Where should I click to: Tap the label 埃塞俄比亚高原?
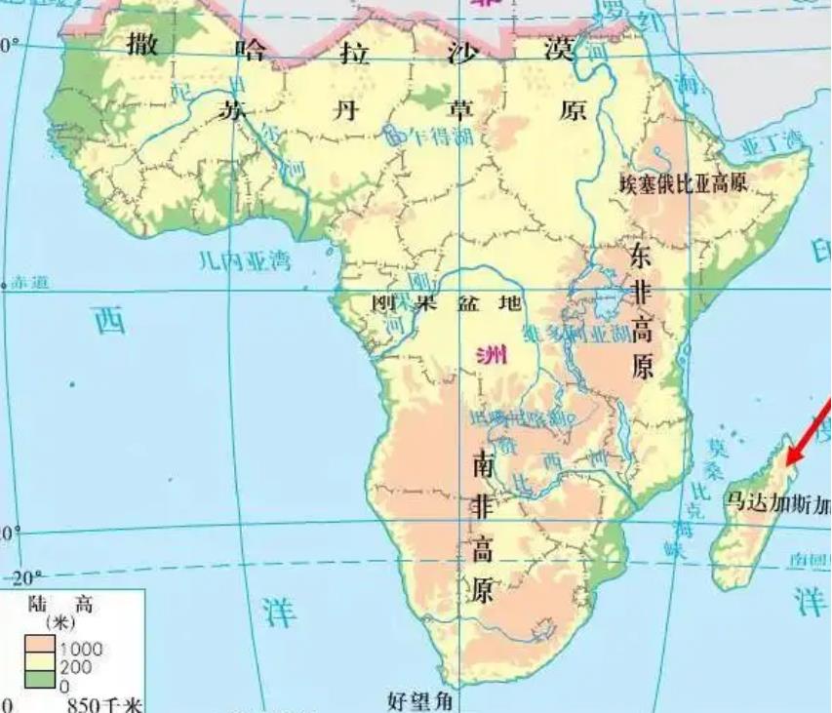click(x=684, y=181)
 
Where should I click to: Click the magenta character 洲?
click(x=493, y=355)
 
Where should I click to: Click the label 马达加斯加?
click(x=776, y=503)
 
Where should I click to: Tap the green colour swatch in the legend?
click(x=41, y=682)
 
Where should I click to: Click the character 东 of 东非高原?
click(x=640, y=257)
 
